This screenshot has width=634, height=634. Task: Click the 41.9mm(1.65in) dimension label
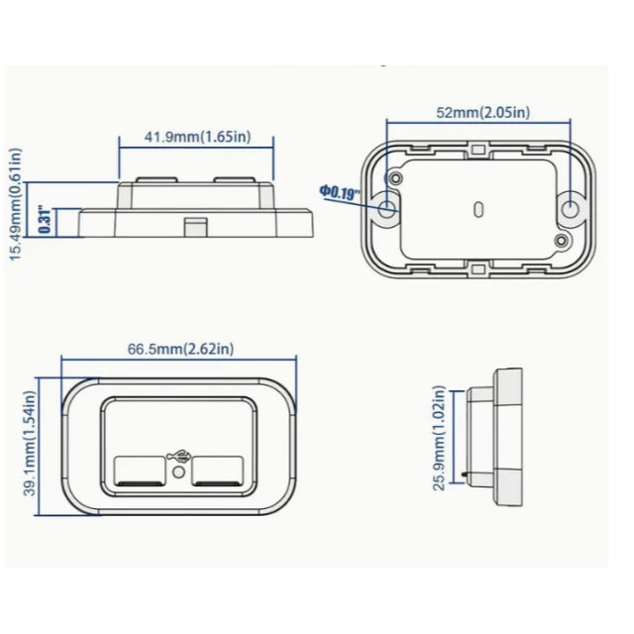click(x=196, y=137)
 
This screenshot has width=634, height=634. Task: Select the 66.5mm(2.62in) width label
click(x=180, y=349)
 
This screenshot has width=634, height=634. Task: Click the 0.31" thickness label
click(x=44, y=220)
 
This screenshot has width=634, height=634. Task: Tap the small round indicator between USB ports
click(x=178, y=475)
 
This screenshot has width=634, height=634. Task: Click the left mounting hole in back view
click(x=387, y=208)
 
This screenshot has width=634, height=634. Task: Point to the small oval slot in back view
click(x=478, y=210)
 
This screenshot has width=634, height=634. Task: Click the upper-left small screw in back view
click(x=397, y=177)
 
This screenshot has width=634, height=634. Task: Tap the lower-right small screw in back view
click(x=561, y=241)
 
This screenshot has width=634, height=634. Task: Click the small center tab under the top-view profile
click(x=196, y=226)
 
